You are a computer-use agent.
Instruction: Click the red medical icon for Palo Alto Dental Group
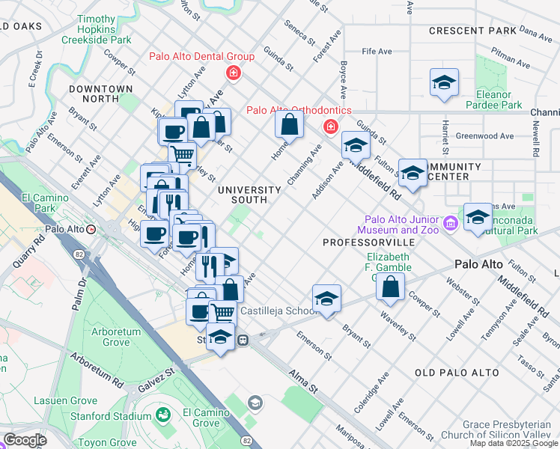(234, 73)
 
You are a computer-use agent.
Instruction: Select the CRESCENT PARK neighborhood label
(472, 31)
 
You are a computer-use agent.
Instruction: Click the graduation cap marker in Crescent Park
(444, 82)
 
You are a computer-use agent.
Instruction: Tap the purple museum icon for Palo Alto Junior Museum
(449, 224)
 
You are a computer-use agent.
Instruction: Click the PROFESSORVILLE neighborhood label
(368, 243)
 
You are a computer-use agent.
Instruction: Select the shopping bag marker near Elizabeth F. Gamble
(390, 287)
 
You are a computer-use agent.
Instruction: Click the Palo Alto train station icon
(91, 230)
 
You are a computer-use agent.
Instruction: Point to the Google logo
(24, 440)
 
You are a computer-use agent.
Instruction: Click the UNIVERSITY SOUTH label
(249, 195)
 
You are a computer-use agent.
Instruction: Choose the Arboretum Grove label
(115, 337)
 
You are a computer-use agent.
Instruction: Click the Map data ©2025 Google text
(514, 443)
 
